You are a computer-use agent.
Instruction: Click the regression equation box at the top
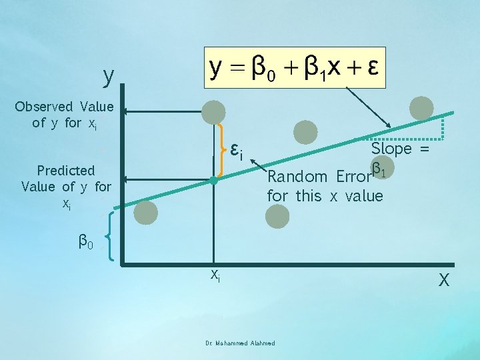tap(295, 69)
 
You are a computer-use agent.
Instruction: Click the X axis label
tap(444, 281)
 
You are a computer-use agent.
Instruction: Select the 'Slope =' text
tap(400, 149)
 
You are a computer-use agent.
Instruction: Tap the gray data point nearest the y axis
tap(146, 212)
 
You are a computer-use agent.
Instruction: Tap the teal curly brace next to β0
tap(111, 241)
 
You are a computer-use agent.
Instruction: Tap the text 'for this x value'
tap(325, 196)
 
